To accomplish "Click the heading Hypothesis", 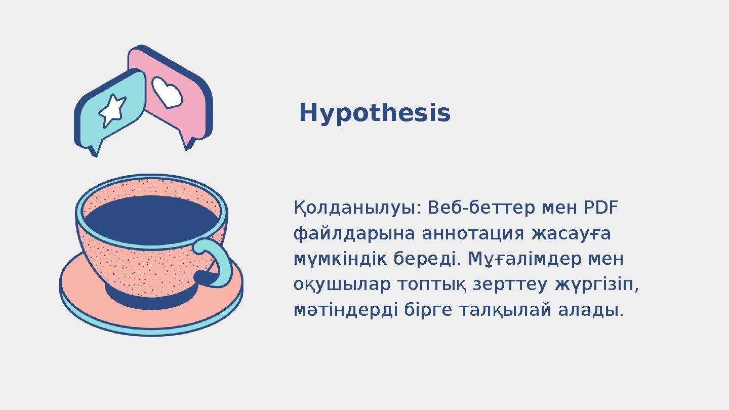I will [x=375, y=113].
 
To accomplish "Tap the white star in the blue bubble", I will [x=112, y=110].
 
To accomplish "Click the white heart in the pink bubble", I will [x=167, y=93].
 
